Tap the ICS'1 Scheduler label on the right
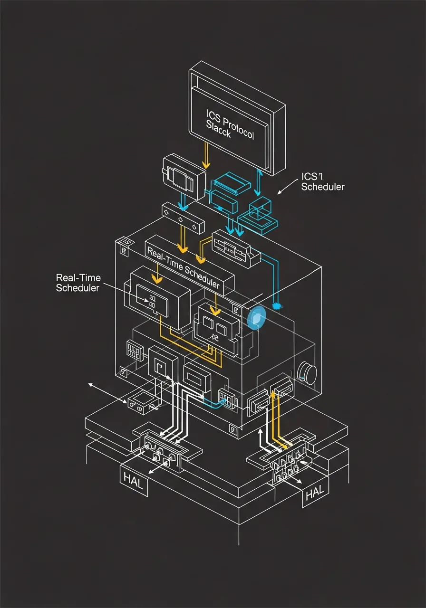(323, 182)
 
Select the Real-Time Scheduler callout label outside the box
(78, 283)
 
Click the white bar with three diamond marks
(184, 218)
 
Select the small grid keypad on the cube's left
(135, 351)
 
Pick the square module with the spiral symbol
(163, 366)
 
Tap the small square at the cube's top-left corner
(124, 249)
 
